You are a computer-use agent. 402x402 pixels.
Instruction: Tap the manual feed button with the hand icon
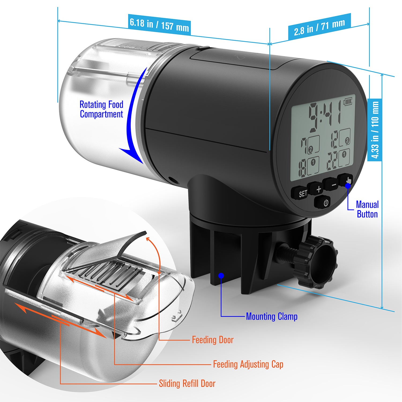click(x=346, y=180)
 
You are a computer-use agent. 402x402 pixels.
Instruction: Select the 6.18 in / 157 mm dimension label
click(x=159, y=25)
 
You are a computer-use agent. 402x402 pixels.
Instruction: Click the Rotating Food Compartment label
click(x=101, y=109)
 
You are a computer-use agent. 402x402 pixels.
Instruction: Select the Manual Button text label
click(x=367, y=209)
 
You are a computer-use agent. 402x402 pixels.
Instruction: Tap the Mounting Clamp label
click(x=272, y=317)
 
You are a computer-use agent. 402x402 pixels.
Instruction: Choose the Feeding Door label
click(x=213, y=340)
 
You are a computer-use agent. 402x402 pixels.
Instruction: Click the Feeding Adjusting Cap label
click(x=248, y=364)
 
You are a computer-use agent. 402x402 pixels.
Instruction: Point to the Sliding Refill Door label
click(x=187, y=384)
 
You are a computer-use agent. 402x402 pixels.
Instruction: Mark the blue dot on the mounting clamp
click(x=221, y=275)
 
